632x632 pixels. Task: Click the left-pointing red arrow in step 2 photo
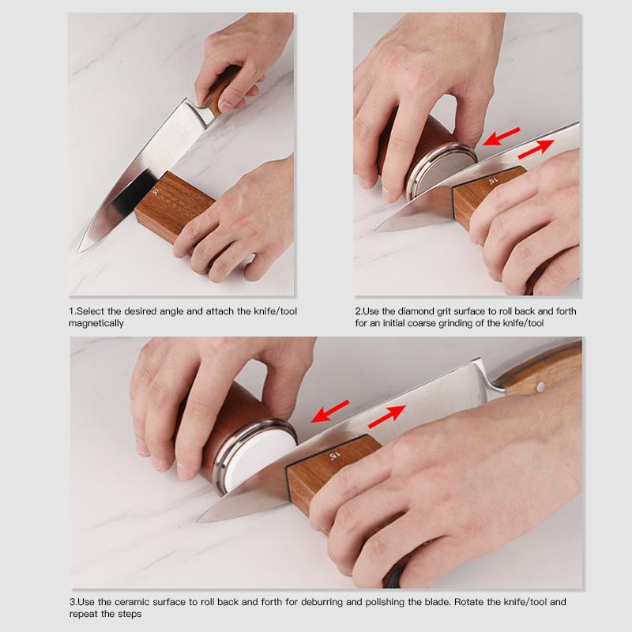502,137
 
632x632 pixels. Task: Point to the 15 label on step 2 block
491,181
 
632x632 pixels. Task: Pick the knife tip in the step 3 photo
201,518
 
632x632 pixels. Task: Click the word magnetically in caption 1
96,323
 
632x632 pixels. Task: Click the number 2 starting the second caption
357,311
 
